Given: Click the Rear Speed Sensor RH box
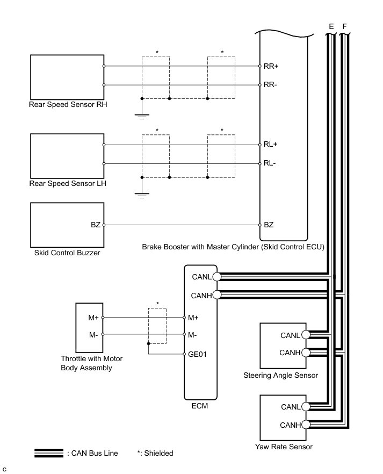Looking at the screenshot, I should tap(67, 75).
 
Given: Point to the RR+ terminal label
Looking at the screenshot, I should tap(271, 66).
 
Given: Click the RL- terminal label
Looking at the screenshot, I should tap(270, 163).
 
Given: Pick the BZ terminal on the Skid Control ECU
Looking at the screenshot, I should tap(269, 225).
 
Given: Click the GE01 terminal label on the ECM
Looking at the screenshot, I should tap(199, 354).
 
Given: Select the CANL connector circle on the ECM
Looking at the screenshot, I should tap(216, 277).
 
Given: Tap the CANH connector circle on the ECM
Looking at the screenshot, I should tap(216, 295).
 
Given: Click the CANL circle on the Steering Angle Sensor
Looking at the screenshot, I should tap(305, 335).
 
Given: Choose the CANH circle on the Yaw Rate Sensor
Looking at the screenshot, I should tap(305, 425).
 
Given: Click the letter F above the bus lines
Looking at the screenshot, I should tap(344, 25).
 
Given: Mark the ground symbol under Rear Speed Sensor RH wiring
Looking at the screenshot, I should tap(142, 115).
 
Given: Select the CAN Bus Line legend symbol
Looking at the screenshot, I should tap(49, 453).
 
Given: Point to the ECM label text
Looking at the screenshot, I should tap(200, 406).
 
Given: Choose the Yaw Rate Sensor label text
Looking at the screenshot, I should tap(285, 447).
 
